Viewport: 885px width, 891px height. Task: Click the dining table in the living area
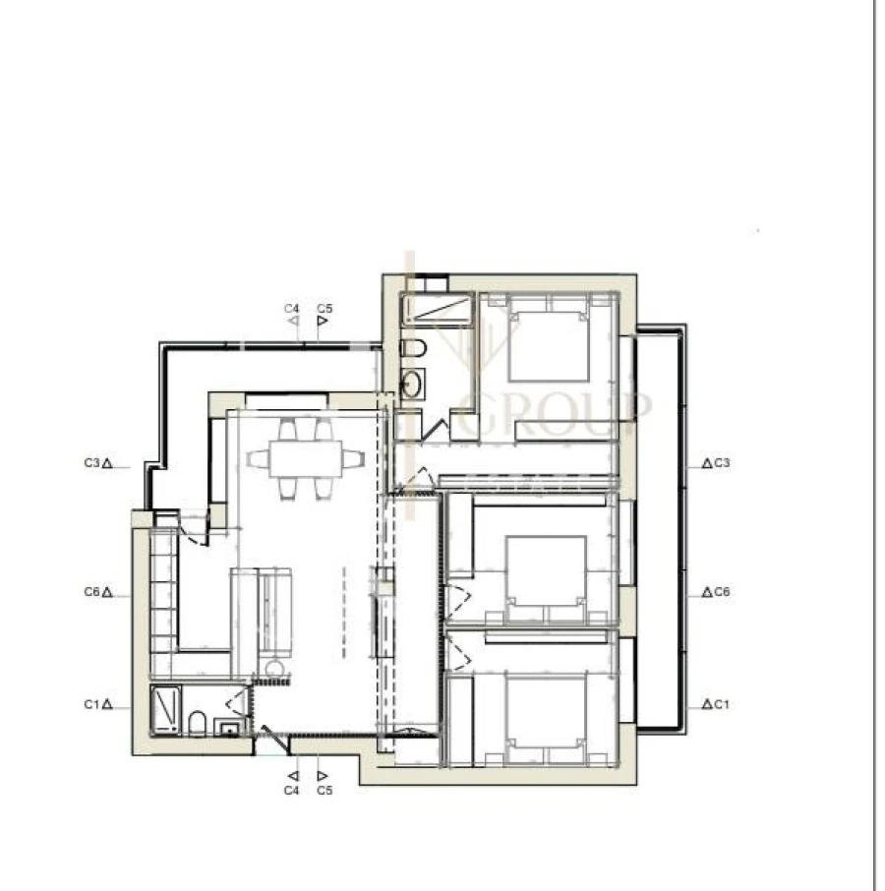click(305, 458)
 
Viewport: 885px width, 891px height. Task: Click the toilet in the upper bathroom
click(413, 349)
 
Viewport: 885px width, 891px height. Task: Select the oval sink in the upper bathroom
click(412, 384)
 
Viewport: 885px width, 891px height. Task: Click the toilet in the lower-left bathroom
click(197, 725)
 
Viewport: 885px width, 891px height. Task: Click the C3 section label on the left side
click(94, 462)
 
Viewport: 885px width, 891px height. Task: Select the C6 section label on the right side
click(720, 593)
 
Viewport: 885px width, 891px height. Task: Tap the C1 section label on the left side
click(94, 704)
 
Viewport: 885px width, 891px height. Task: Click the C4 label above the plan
click(291, 309)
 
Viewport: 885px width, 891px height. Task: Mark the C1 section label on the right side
click(720, 704)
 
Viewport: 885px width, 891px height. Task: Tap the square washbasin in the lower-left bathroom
click(230, 729)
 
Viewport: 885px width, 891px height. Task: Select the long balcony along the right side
click(659, 531)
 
